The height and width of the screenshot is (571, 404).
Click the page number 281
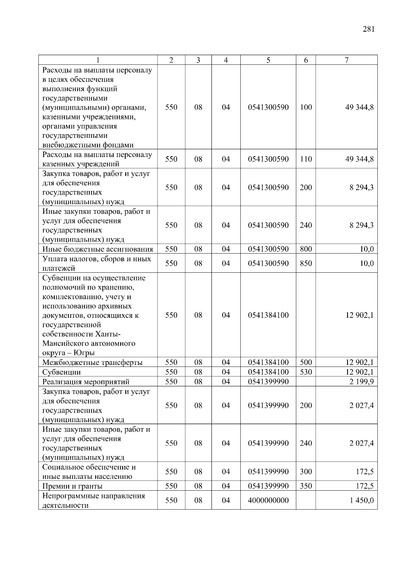(x=369, y=29)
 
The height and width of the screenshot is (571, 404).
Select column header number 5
(x=268, y=60)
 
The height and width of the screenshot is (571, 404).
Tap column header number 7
(x=346, y=60)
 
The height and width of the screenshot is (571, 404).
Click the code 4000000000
(x=268, y=500)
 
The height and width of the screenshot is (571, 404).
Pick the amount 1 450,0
(x=362, y=500)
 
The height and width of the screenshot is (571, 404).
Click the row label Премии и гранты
(x=72, y=486)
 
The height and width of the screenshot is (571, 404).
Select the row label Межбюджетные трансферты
(x=92, y=363)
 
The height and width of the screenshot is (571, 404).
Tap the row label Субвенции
(x=62, y=372)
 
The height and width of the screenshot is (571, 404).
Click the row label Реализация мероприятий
(x=86, y=382)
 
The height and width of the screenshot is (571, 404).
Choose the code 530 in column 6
(x=306, y=372)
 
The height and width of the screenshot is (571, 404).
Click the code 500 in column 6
(x=306, y=363)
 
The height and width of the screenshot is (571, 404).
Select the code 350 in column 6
(x=306, y=486)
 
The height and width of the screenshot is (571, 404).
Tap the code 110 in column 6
(x=306, y=159)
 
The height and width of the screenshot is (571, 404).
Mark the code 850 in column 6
(x=306, y=263)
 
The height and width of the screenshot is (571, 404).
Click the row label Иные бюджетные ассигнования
(x=98, y=249)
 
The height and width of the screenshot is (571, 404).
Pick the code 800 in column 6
(x=306, y=249)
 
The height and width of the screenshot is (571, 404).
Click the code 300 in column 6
(x=306, y=472)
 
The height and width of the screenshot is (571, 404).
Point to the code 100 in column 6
(x=306, y=107)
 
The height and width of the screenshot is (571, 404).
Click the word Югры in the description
(x=84, y=353)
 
